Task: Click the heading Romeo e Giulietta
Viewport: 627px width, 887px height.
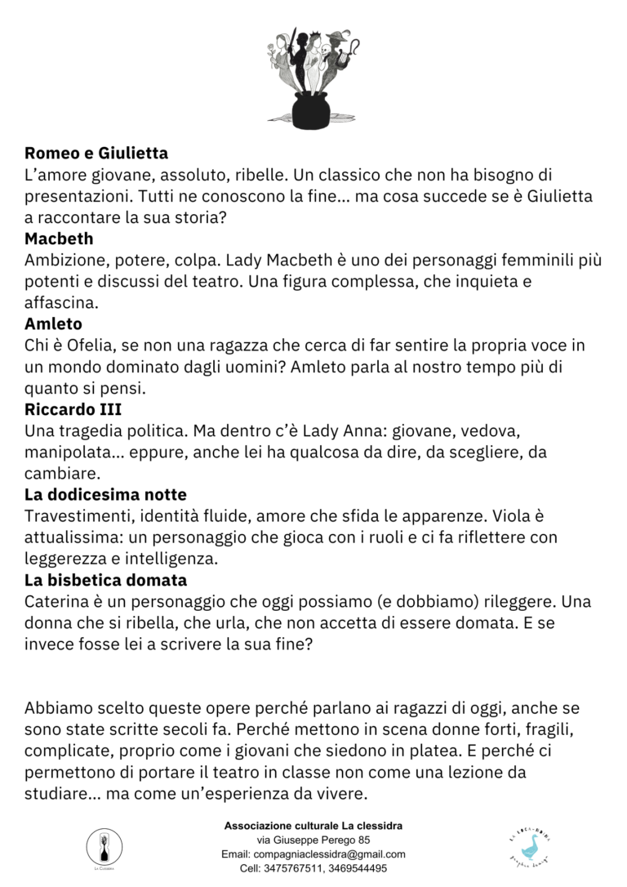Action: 96,154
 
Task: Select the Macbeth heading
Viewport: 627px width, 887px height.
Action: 59,239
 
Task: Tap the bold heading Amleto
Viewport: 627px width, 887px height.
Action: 53,324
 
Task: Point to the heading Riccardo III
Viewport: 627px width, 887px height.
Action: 73,409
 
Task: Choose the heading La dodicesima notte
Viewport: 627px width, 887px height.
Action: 105,495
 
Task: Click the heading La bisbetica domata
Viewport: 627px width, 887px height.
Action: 105,580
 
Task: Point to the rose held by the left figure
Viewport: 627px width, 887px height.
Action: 273,55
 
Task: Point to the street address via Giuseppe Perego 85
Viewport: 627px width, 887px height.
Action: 313,840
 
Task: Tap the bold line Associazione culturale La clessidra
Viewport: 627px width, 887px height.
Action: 313,826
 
